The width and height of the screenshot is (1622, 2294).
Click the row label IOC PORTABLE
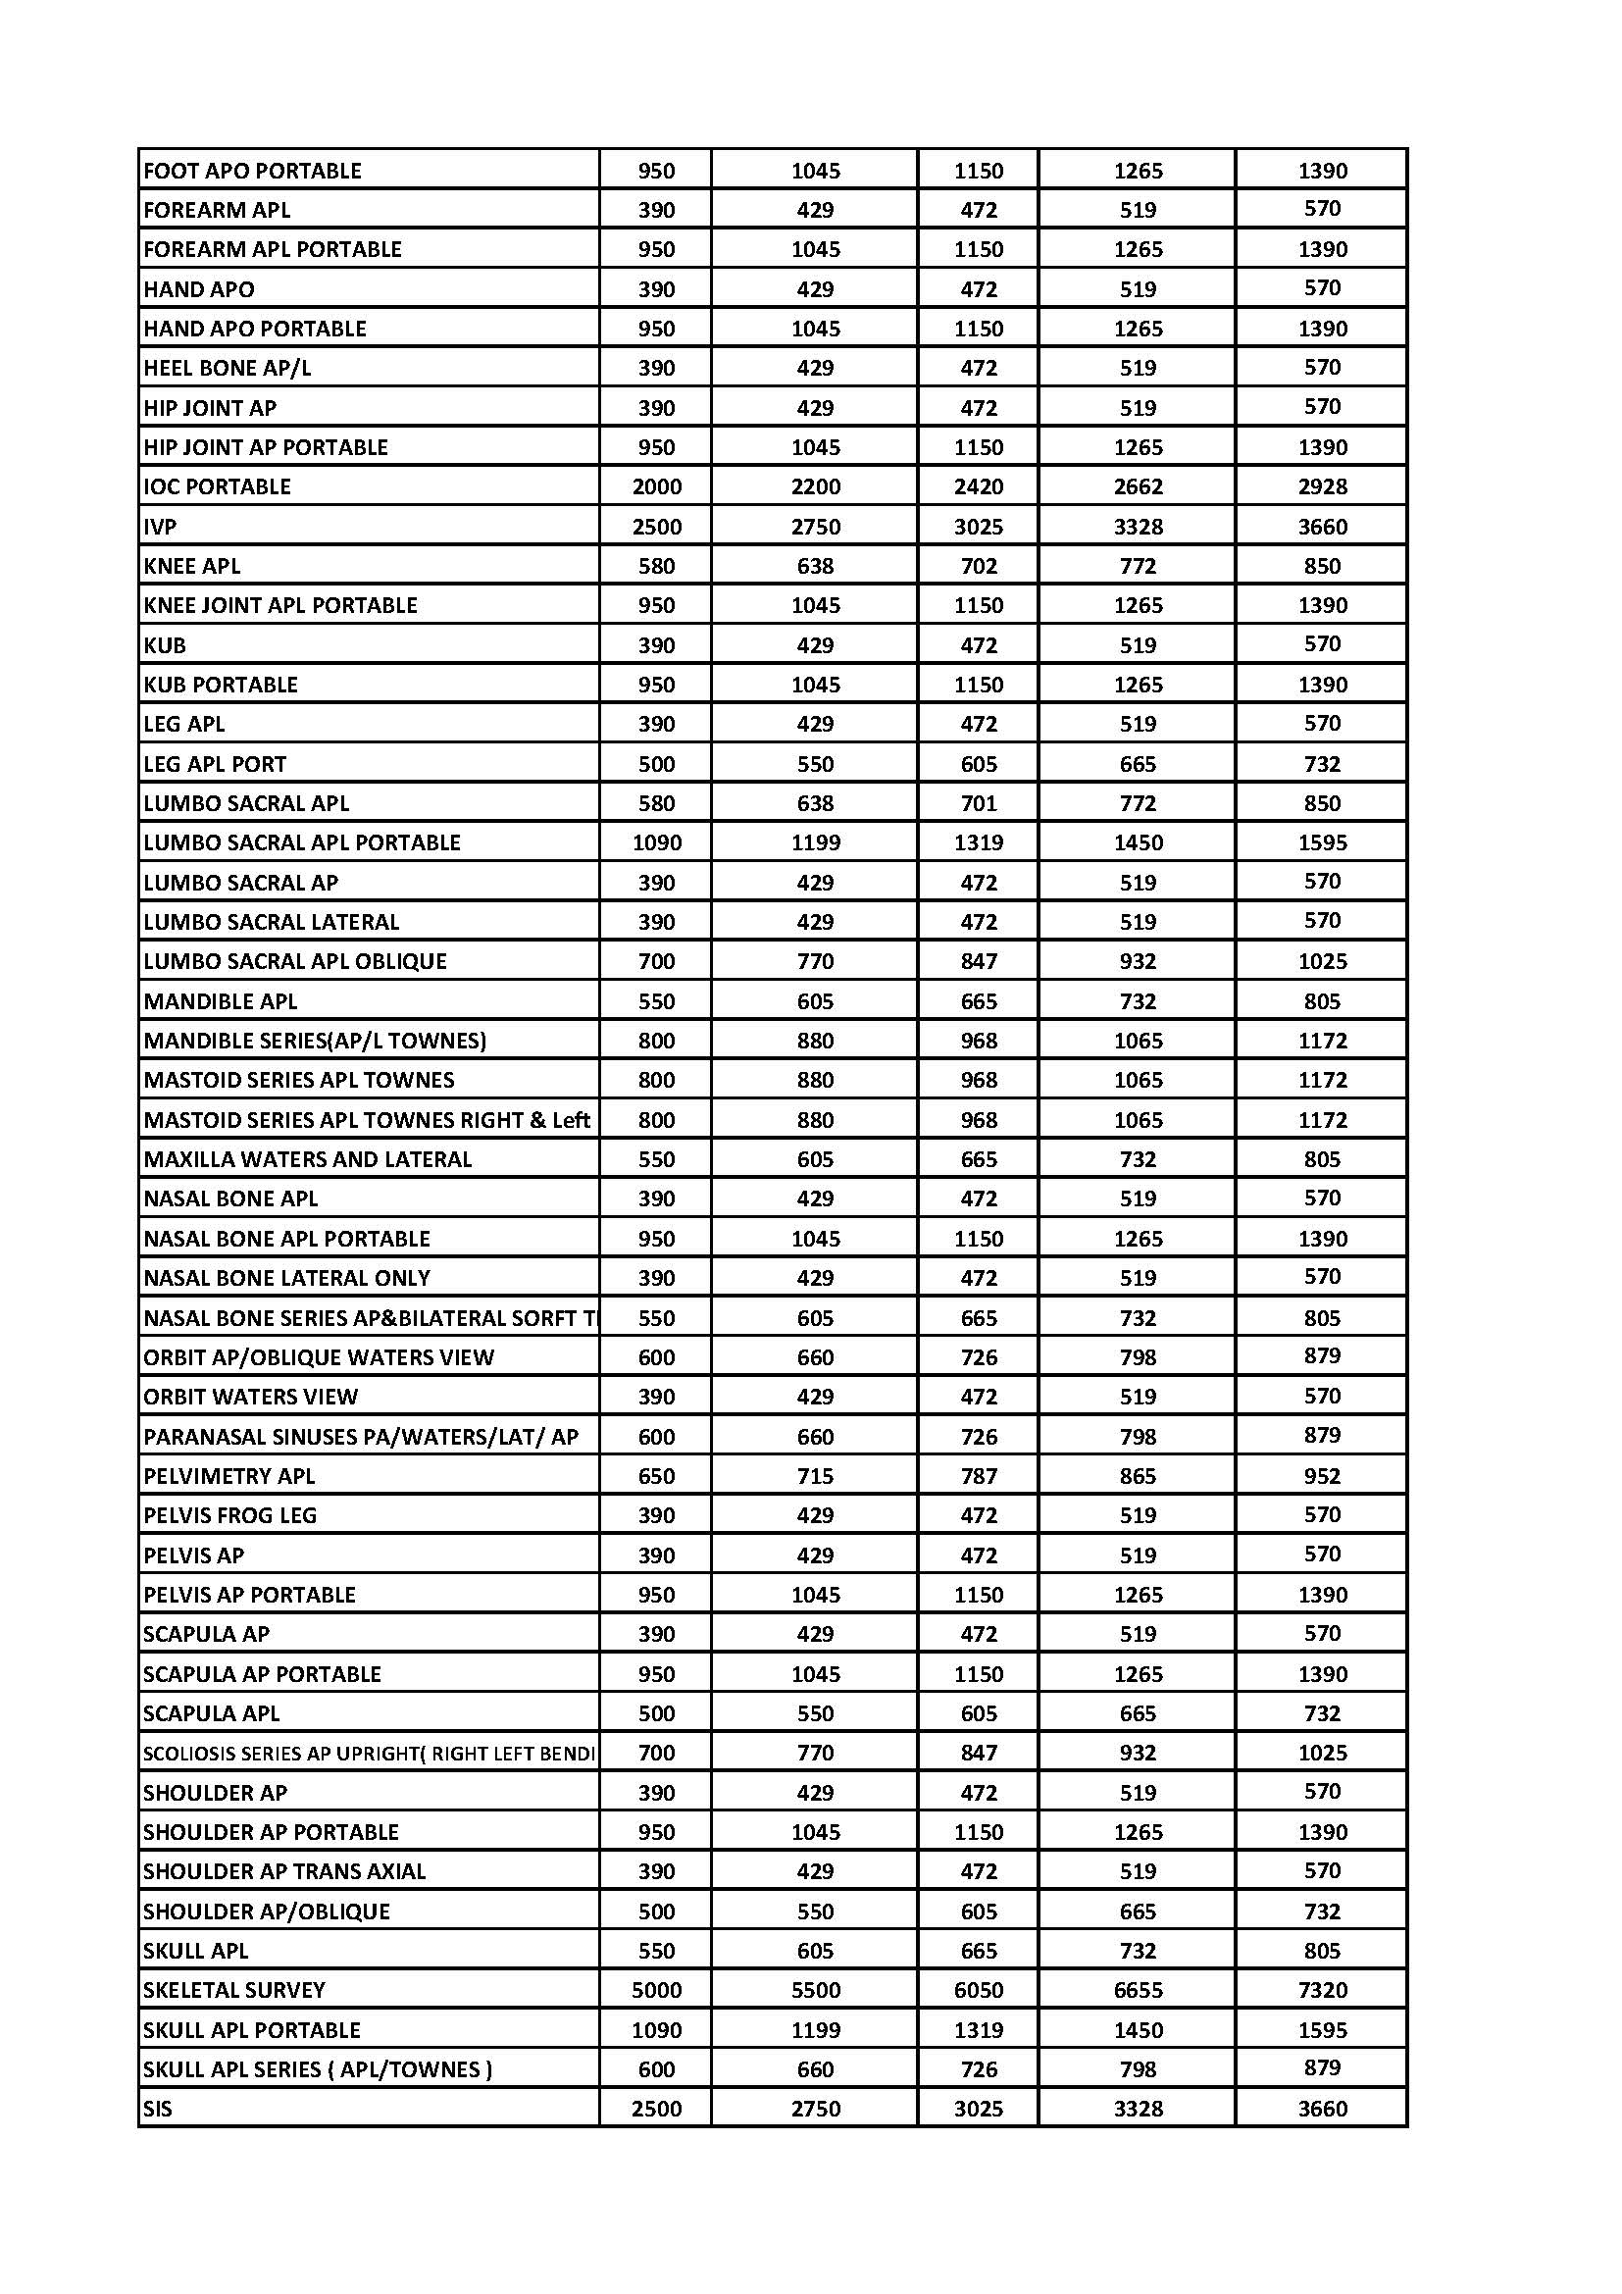pos(217,486)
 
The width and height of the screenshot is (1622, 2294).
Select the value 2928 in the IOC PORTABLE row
pos(1322,486)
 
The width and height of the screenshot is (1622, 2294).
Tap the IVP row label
pos(160,527)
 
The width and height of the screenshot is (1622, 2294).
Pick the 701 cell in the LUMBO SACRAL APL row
pos(978,803)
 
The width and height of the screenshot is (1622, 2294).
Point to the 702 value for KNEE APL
pos(978,566)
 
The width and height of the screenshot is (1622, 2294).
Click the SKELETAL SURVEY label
pos(233,1989)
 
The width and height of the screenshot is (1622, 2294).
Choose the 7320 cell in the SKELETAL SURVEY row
pos(1322,1989)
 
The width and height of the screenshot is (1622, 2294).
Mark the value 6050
pos(978,1989)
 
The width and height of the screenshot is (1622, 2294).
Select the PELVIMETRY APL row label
pos(228,1476)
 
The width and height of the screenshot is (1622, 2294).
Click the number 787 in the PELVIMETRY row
pos(978,1476)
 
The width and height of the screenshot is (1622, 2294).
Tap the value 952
pos(1322,1476)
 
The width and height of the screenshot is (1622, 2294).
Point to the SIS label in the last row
pos(158,2109)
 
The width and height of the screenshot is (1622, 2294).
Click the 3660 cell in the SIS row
pos(1322,2109)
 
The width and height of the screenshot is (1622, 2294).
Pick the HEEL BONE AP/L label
pos(227,368)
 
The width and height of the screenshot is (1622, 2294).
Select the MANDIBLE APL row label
pos(220,1001)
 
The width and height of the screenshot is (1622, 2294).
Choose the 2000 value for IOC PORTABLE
pos(656,486)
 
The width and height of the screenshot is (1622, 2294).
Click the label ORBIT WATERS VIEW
pos(250,1397)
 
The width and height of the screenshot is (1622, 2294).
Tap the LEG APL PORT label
pos(215,764)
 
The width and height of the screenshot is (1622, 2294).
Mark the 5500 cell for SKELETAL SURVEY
pos(815,1989)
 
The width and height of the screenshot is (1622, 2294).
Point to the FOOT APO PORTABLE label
pos(252,171)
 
